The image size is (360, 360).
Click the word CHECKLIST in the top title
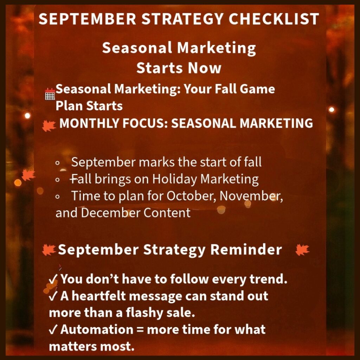click(x=274, y=19)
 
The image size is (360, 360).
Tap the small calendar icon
click(x=50, y=94)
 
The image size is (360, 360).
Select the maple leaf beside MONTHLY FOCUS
click(x=49, y=126)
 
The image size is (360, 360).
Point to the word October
click(x=191, y=196)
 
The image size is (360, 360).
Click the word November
click(x=251, y=196)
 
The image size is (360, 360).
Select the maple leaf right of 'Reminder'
click(x=302, y=250)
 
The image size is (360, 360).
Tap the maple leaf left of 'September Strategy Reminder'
click(x=49, y=250)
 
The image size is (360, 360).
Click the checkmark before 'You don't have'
click(x=53, y=279)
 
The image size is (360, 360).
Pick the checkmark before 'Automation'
click(x=53, y=330)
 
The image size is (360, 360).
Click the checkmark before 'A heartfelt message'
click(x=53, y=296)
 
